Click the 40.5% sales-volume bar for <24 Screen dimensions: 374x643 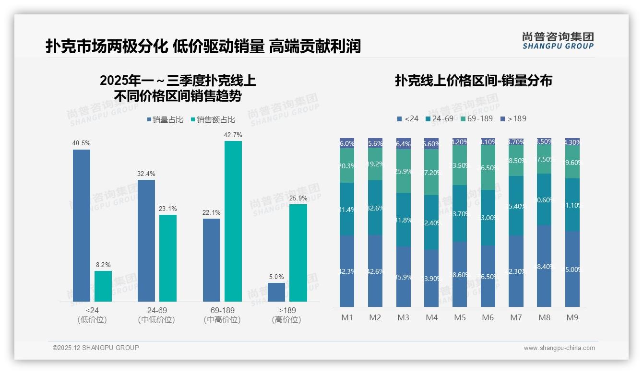point(82,225)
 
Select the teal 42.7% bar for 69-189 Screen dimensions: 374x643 point(233,221)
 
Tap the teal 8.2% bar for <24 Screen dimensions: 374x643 point(103,286)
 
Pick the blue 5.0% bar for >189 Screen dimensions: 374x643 point(276,292)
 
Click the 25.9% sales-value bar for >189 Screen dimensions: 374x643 point(298,253)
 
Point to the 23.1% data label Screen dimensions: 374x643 point(168,209)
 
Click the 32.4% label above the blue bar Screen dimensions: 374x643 point(146,174)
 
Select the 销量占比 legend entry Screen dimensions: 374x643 point(165,120)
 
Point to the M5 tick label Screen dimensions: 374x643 point(460,317)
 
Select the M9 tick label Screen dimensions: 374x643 point(572,317)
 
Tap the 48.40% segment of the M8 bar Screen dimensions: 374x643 point(544,266)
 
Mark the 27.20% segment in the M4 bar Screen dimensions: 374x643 point(431,172)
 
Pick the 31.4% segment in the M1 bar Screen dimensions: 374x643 point(347,209)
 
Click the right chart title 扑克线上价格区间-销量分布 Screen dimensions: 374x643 point(473,81)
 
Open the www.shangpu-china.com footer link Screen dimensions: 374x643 point(559,348)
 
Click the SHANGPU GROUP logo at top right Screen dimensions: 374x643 point(558,41)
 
